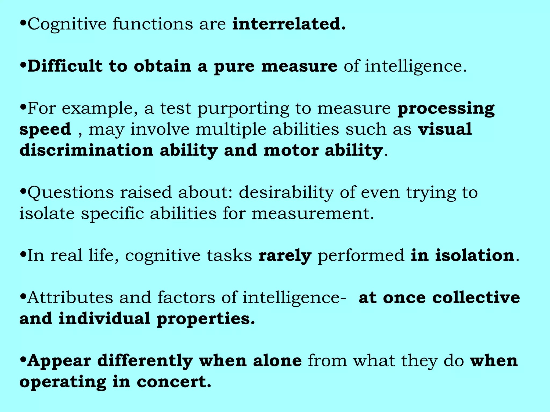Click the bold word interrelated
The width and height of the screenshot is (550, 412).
289,24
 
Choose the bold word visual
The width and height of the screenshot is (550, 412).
445,129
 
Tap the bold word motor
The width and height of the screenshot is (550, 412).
291,150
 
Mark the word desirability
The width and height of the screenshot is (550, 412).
286,193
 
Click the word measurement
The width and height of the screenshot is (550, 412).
313,214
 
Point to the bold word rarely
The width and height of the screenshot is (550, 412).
285,256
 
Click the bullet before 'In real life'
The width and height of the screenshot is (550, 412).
23,254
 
